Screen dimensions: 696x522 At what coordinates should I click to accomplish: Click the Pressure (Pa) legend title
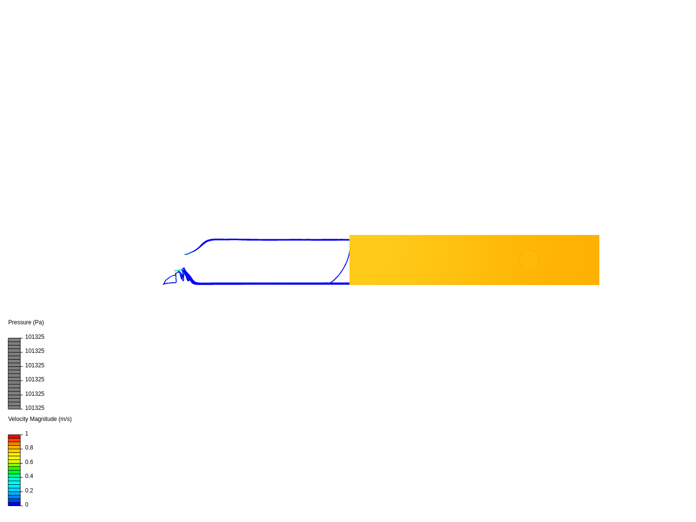pyautogui.click(x=26, y=322)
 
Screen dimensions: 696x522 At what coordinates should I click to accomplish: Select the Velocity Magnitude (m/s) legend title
pyautogui.click(x=40, y=419)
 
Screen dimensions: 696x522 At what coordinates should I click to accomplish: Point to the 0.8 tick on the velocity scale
pyautogui.click(x=29, y=448)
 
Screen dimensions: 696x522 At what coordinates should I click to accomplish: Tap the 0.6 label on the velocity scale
pyautogui.click(x=29, y=462)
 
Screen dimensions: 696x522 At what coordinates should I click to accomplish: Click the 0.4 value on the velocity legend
pyautogui.click(x=29, y=476)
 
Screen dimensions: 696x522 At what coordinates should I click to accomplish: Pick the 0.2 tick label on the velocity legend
pyautogui.click(x=29, y=491)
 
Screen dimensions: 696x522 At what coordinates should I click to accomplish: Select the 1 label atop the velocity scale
pyautogui.click(x=27, y=434)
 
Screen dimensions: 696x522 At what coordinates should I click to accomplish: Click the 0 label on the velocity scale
pyautogui.click(x=27, y=505)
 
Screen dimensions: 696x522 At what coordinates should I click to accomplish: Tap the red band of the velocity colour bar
pyautogui.click(x=14, y=437)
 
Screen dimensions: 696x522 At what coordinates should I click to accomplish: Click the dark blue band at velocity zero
pyautogui.click(x=14, y=504)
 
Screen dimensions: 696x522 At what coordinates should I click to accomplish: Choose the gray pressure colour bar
pyautogui.click(x=14, y=374)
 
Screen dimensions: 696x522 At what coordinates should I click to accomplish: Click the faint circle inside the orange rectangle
pyautogui.click(x=529, y=260)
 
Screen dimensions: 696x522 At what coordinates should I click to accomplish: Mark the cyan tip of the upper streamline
pyautogui.click(x=185, y=254)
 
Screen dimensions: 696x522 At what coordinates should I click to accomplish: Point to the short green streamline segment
pyautogui.click(x=178, y=271)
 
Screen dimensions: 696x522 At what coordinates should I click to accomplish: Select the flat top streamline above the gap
pyautogui.click(x=282, y=240)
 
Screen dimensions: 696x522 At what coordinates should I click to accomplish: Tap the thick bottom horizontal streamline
pyautogui.click(x=273, y=283)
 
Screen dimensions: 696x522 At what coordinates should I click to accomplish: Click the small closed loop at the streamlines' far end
pyautogui.click(x=170, y=279)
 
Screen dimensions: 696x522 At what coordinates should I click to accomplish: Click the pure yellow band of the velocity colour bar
pyautogui.click(x=14, y=454)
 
